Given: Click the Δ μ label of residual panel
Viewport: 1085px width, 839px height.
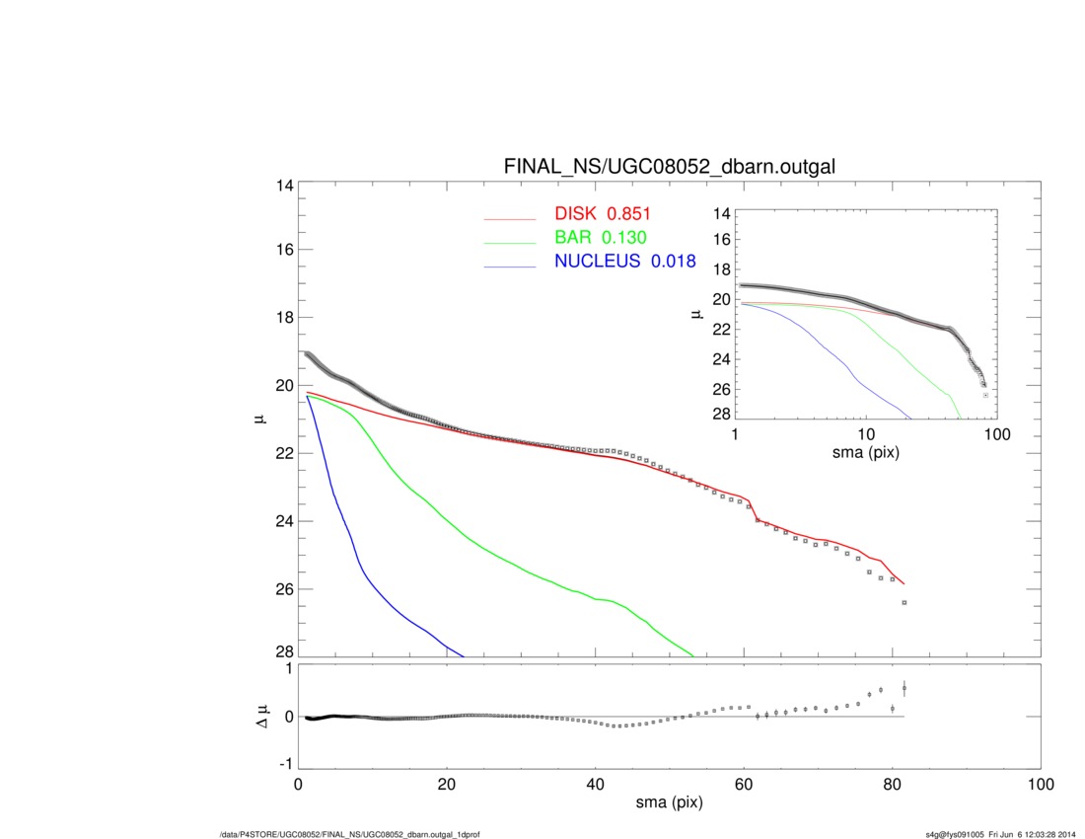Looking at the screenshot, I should point(258,718).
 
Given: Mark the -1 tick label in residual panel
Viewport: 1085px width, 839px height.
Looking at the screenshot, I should point(282,764).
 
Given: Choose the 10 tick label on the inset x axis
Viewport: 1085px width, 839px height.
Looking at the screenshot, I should point(866,434).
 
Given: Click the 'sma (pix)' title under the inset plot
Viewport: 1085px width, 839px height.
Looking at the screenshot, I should point(866,453).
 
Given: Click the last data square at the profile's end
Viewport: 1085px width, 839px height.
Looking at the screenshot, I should point(904,602).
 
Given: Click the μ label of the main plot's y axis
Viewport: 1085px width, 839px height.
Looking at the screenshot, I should point(258,419).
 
